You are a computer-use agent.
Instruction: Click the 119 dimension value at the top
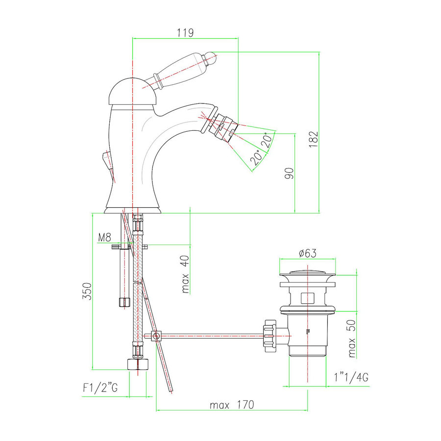pos(185,33)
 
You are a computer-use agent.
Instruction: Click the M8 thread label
pos(105,238)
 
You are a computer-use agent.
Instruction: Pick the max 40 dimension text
pos(185,274)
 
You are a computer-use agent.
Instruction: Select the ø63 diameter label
pos(308,253)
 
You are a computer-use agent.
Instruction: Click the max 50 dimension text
pos(351,339)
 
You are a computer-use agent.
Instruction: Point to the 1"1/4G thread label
pos(351,377)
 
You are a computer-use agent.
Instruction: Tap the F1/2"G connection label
pos(100,388)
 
